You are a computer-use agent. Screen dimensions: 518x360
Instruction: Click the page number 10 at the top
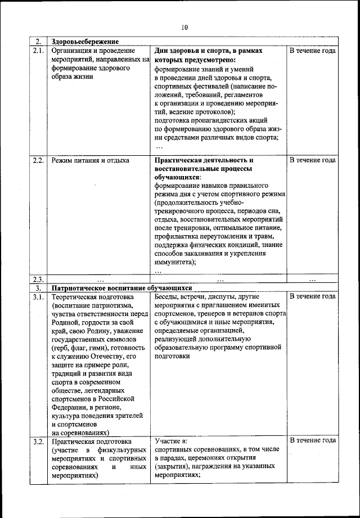pyautogui.click(x=184, y=27)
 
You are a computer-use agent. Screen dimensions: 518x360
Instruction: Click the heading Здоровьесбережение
pyautogui.click(x=85, y=42)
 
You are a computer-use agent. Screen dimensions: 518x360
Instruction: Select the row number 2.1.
pyautogui.click(x=38, y=51)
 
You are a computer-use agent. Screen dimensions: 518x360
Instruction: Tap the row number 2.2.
pyautogui.click(x=38, y=160)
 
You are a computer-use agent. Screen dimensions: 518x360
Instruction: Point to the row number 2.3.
pyautogui.click(x=38, y=280)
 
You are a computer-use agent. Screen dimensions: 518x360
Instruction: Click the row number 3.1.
pyautogui.click(x=38, y=296)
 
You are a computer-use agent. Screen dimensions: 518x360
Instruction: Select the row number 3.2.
pyautogui.click(x=38, y=441)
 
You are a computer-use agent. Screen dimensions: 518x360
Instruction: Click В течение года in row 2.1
pyautogui.click(x=313, y=51)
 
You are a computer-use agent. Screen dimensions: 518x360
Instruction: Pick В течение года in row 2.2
pyautogui.click(x=313, y=160)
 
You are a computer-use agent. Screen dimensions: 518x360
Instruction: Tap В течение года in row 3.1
pyautogui.click(x=313, y=296)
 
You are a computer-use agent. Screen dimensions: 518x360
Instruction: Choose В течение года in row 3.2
pyautogui.click(x=313, y=440)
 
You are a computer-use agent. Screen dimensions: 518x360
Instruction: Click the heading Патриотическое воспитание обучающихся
pyautogui.click(x=122, y=287)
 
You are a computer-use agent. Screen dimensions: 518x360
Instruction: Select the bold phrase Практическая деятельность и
pyautogui.click(x=204, y=160)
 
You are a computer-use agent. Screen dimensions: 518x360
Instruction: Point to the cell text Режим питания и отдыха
pyautogui.click(x=90, y=160)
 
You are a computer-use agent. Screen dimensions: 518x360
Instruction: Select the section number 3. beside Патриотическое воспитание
pyautogui.click(x=37, y=287)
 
